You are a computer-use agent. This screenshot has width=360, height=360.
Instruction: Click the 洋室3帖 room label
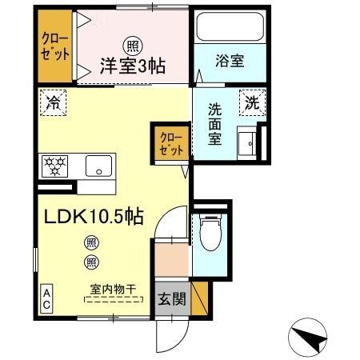(133, 67)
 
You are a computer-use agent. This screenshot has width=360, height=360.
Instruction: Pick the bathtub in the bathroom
(229, 29)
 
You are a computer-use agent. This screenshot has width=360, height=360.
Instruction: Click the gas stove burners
(56, 167)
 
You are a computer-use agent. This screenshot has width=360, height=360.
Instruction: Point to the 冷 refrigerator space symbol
(53, 102)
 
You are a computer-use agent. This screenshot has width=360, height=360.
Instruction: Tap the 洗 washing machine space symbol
(251, 102)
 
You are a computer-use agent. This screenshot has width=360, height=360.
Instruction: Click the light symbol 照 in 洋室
(128, 46)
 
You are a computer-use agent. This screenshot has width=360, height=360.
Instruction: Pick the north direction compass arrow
(308, 336)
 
